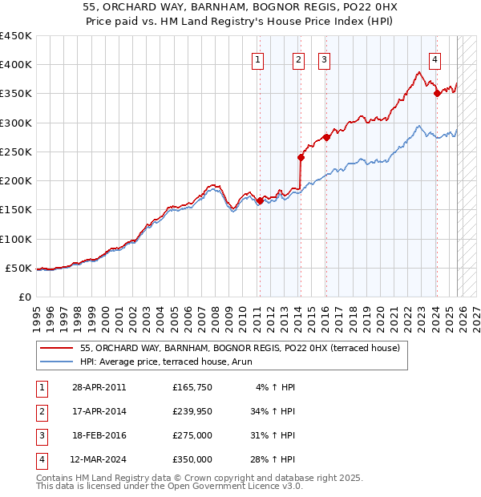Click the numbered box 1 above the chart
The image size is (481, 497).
click(257, 59)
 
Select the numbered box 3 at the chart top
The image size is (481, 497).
click(324, 59)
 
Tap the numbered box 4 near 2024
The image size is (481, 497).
click(434, 59)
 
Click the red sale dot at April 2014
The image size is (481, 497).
click(300, 158)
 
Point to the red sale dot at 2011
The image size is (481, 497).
click(260, 201)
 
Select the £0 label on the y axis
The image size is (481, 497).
click(23, 297)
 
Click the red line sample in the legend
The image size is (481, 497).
click(58, 348)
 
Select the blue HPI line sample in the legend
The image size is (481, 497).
click(58, 362)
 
